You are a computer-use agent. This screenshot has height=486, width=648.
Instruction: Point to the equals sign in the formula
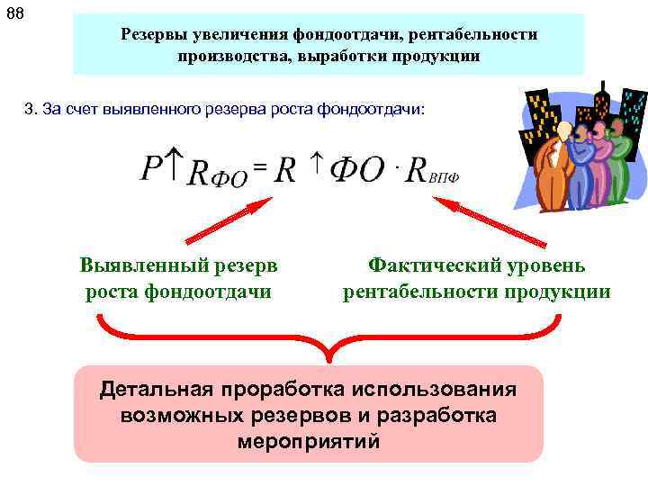click(259, 166)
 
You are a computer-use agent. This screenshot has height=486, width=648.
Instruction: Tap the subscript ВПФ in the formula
click(443, 177)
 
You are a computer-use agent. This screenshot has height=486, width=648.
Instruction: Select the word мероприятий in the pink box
click(309, 443)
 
